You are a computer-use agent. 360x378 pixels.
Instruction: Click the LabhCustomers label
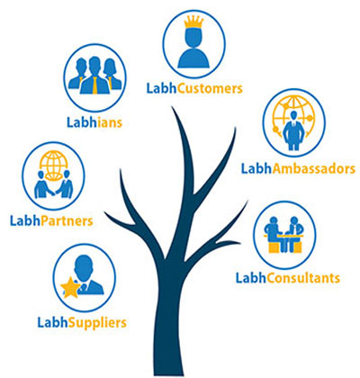(x=194, y=89)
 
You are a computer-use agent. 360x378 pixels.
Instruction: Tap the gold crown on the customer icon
(x=193, y=22)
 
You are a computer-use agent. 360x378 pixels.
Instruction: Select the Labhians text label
(x=94, y=122)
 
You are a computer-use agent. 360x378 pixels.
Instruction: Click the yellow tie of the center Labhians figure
(x=95, y=85)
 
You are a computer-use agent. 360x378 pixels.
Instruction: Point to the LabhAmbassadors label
(x=298, y=168)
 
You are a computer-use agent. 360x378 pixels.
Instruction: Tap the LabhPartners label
(x=51, y=221)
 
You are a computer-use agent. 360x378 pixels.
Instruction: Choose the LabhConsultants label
(x=288, y=278)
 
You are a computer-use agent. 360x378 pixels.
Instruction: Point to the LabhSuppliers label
(x=82, y=323)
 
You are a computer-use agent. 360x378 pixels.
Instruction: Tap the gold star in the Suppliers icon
(x=71, y=288)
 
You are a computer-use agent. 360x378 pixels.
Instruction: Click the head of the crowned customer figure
(x=193, y=38)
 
